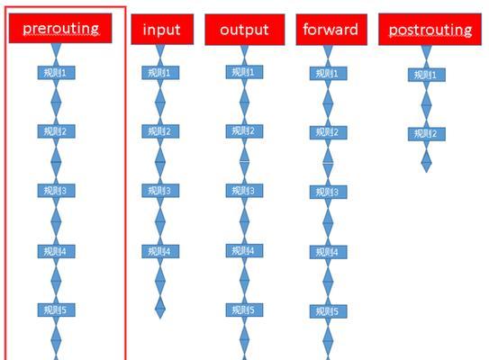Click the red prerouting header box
coord(60,29)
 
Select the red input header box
coord(162,30)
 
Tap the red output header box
coord(245,30)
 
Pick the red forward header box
coord(331,30)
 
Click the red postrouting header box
coord(430,30)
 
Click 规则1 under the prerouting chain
coord(56,73)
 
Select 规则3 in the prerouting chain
coord(56,191)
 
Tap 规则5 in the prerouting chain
coord(56,310)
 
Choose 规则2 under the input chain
coord(160,131)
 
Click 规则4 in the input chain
coord(160,251)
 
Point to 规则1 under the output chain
coord(244,72)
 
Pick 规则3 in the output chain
coord(244,191)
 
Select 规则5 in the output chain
coord(244,310)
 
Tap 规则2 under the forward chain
coord(328,132)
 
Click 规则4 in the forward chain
coord(328,252)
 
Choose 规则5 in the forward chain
coord(328,311)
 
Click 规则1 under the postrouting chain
coord(426,75)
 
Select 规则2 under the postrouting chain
coord(426,134)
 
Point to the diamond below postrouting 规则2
coord(426,160)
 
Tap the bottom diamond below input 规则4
coord(160,308)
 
